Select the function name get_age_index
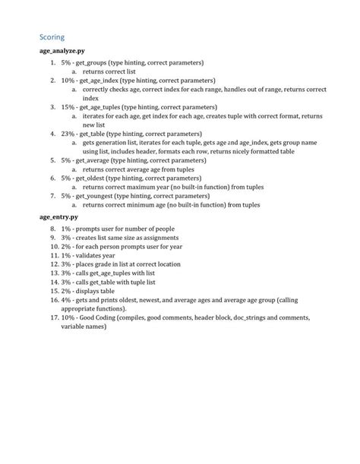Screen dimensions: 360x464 click(x=101, y=79)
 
